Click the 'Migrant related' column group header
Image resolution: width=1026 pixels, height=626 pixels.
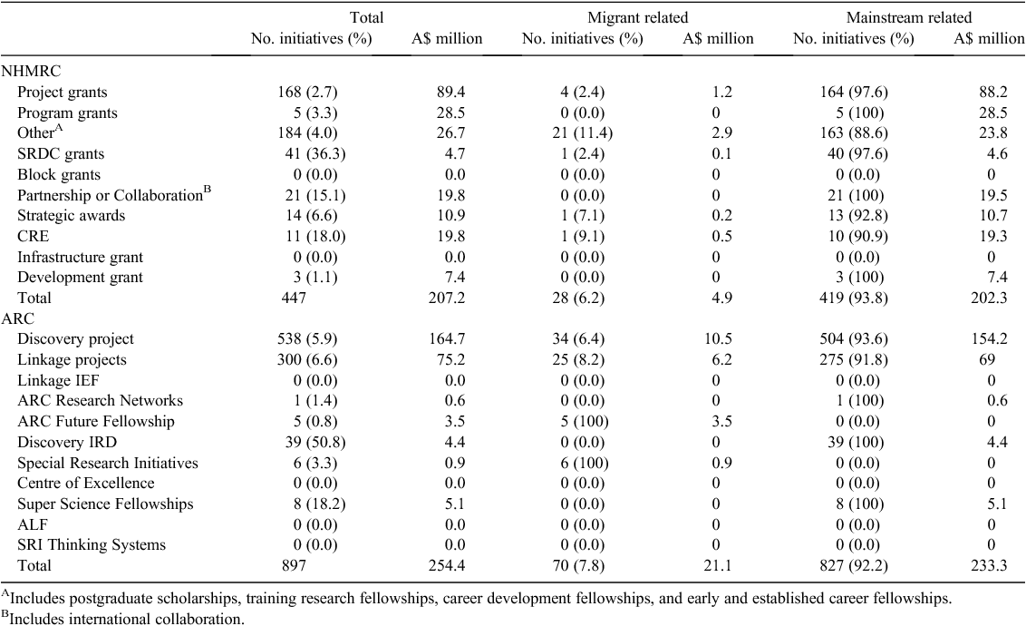click(x=637, y=17)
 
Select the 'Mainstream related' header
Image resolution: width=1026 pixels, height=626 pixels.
click(x=909, y=17)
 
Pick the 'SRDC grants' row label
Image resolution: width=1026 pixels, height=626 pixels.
click(x=61, y=154)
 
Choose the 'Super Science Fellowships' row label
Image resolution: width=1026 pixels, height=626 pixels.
click(x=105, y=504)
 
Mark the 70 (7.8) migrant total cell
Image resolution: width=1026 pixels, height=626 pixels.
click(x=583, y=565)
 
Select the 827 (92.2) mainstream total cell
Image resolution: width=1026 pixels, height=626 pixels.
click(x=853, y=565)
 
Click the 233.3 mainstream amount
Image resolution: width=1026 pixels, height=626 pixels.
click(x=989, y=565)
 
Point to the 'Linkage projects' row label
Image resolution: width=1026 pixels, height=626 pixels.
click(x=72, y=359)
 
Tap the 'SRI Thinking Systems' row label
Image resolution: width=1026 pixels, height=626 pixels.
click(x=92, y=545)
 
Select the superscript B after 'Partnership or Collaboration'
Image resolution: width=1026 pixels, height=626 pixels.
click(x=208, y=190)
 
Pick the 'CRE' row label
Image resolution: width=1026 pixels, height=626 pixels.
click(x=34, y=236)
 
